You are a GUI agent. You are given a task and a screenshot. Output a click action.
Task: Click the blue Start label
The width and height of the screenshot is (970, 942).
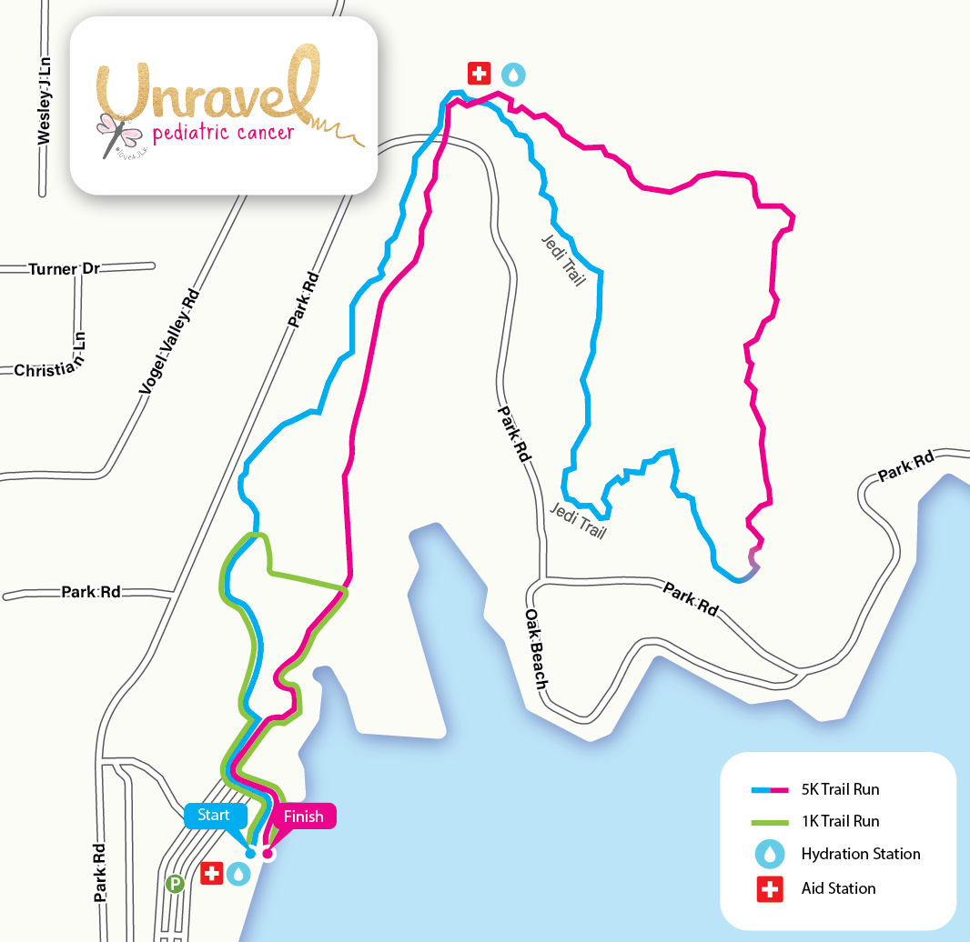[214, 815]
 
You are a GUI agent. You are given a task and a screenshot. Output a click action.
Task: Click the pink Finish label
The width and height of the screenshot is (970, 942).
[303, 817]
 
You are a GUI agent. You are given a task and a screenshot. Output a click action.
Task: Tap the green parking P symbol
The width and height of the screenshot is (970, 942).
[175, 882]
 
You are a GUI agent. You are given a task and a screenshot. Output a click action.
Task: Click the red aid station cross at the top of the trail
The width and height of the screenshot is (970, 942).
[479, 74]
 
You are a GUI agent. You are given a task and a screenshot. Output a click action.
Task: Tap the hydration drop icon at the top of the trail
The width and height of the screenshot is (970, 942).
[514, 74]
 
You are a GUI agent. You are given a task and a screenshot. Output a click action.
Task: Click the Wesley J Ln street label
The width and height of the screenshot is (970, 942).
[44, 100]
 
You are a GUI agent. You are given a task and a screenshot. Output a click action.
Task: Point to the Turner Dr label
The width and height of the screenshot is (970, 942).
[65, 270]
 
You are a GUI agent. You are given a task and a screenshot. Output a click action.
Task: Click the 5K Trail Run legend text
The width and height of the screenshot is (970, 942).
[840, 789]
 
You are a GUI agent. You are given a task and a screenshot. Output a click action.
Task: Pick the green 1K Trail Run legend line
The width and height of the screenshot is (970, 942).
[770, 821]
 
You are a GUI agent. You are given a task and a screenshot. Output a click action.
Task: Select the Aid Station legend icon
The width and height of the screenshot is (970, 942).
[770, 888]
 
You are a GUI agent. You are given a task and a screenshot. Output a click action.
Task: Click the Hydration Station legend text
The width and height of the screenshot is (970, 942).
[861, 854]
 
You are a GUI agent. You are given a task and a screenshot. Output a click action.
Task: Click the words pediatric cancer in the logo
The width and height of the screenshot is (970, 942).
[224, 134]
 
